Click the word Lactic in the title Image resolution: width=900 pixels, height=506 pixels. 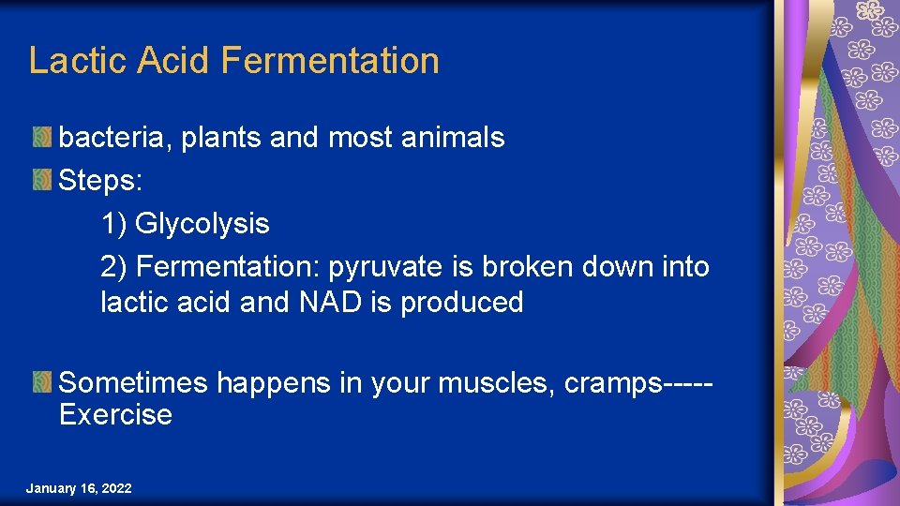[x=78, y=61]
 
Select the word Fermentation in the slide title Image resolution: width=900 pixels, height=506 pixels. [x=330, y=61]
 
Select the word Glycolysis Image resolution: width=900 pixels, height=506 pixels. [x=202, y=224]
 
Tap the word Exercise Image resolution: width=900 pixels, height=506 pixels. [x=115, y=415]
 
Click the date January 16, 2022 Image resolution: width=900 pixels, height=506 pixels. [x=79, y=489]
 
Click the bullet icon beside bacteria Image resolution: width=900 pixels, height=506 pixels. [x=42, y=138]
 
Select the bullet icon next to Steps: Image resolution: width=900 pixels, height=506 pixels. [x=42, y=180]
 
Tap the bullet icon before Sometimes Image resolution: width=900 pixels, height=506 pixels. [x=42, y=382]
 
